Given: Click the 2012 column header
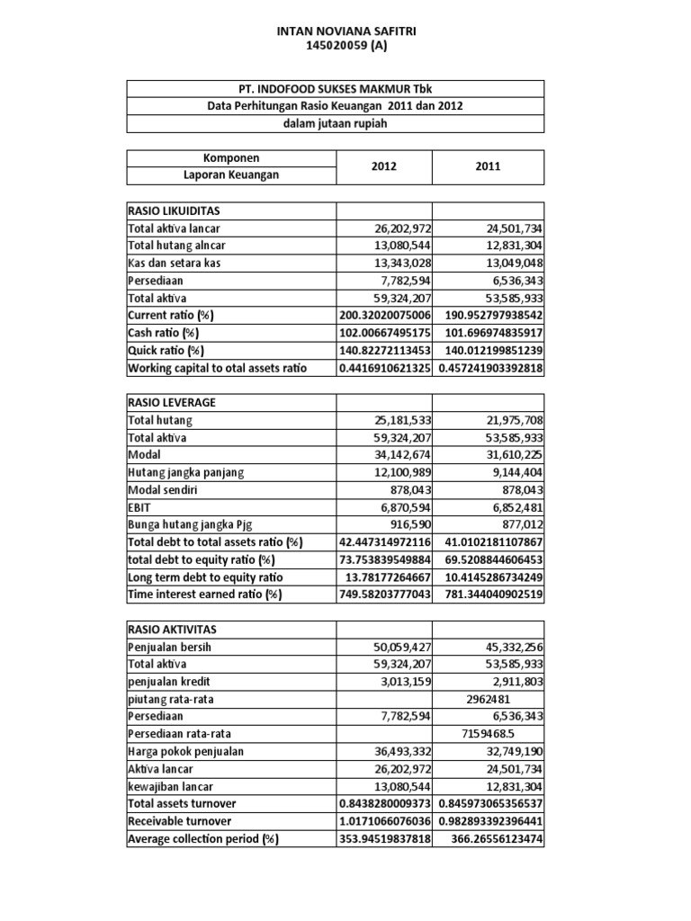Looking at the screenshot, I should coord(383,166).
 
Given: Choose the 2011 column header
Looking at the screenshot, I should coord(489,166).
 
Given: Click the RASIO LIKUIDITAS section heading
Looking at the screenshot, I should coord(173,211).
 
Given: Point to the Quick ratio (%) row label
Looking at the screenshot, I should coord(166,350).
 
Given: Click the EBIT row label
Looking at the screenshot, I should coord(143,506).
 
